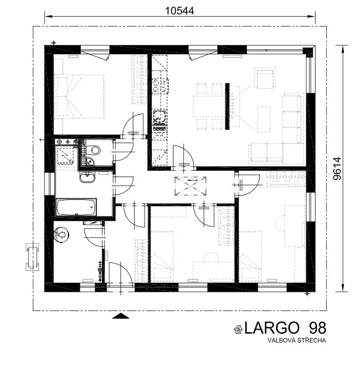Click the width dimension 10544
click(x=179, y=10)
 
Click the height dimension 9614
click(x=337, y=168)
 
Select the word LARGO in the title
click(x=272, y=328)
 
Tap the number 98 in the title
click(x=317, y=328)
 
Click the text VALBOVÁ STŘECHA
click(x=297, y=340)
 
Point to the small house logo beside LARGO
click(x=238, y=330)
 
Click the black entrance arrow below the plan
click(x=120, y=316)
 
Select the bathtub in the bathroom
click(x=76, y=207)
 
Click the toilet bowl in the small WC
click(x=94, y=150)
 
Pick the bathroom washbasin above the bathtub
click(x=87, y=177)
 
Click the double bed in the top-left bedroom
click(x=80, y=96)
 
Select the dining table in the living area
click(x=209, y=106)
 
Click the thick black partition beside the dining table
click(x=227, y=106)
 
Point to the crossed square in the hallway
click(x=191, y=186)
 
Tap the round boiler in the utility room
click(x=61, y=235)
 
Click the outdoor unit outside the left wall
click(x=32, y=257)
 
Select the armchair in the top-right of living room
click(x=265, y=78)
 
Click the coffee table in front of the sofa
click(x=264, y=119)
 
